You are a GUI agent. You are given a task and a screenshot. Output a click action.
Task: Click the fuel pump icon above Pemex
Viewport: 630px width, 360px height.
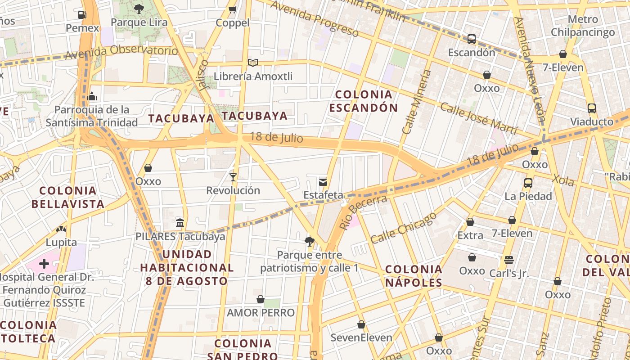82,14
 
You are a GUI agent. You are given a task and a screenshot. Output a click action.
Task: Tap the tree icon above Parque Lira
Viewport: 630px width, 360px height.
139,9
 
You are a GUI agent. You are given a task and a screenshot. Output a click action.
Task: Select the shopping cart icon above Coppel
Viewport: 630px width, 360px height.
233,9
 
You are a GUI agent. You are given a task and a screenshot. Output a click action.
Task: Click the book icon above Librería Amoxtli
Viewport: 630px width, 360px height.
253,63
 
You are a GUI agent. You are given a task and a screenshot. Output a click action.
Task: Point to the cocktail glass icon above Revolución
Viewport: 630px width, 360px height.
233,177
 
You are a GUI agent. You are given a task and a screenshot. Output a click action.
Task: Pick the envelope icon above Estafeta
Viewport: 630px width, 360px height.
323,182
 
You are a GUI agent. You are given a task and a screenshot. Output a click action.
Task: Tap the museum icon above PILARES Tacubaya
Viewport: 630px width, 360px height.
180,223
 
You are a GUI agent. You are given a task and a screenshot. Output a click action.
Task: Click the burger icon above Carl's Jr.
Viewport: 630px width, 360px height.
509,260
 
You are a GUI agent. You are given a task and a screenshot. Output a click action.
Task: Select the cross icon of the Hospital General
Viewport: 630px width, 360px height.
44,264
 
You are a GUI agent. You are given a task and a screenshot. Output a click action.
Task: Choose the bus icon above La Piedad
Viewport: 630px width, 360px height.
528,183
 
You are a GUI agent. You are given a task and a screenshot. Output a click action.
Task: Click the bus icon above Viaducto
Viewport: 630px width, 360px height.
591,108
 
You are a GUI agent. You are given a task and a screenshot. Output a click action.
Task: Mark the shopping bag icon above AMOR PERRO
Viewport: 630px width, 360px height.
261,299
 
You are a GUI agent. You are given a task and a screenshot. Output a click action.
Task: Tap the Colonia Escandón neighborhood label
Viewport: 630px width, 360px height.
364,101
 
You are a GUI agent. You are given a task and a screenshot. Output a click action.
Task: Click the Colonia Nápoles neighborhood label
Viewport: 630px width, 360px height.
414,276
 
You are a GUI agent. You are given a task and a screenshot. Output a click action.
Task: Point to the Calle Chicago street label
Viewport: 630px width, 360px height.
404,228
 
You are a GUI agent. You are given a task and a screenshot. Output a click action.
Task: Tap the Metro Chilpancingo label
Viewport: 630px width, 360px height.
583,26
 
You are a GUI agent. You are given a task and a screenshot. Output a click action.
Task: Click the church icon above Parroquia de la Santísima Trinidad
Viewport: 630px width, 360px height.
92,96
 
